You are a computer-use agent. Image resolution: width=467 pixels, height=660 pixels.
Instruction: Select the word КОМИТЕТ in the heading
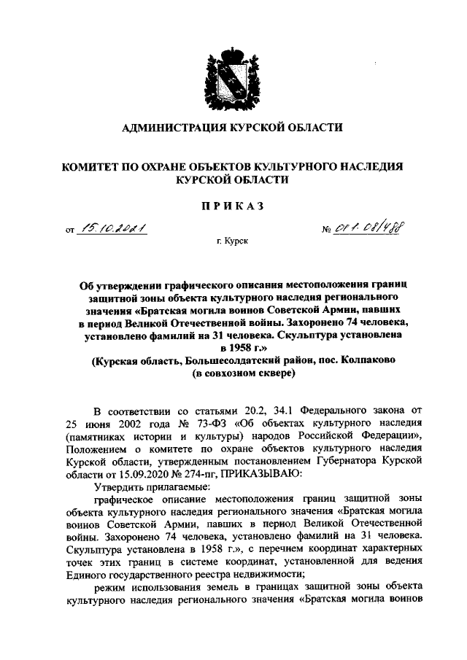tap(93, 167)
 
